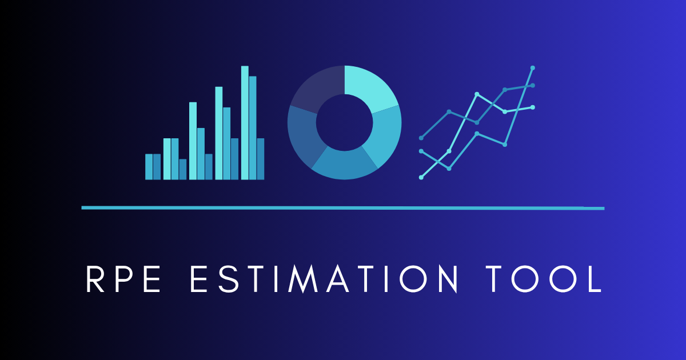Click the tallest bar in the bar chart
pyautogui.click(x=245, y=122)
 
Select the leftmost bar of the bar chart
pyautogui.click(x=149, y=166)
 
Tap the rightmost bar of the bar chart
pyautogui.click(x=261, y=158)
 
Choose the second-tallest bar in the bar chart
pyautogui.click(x=253, y=127)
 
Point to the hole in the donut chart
pyautogui.click(x=345, y=122)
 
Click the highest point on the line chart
pyautogui.click(x=533, y=67)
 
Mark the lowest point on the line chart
pyautogui.click(x=421, y=177)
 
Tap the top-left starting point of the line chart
pyautogui.click(x=421, y=138)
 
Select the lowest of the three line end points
pyautogui.click(x=533, y=107)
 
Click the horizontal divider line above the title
pyautogui.click(x=343, y=207)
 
